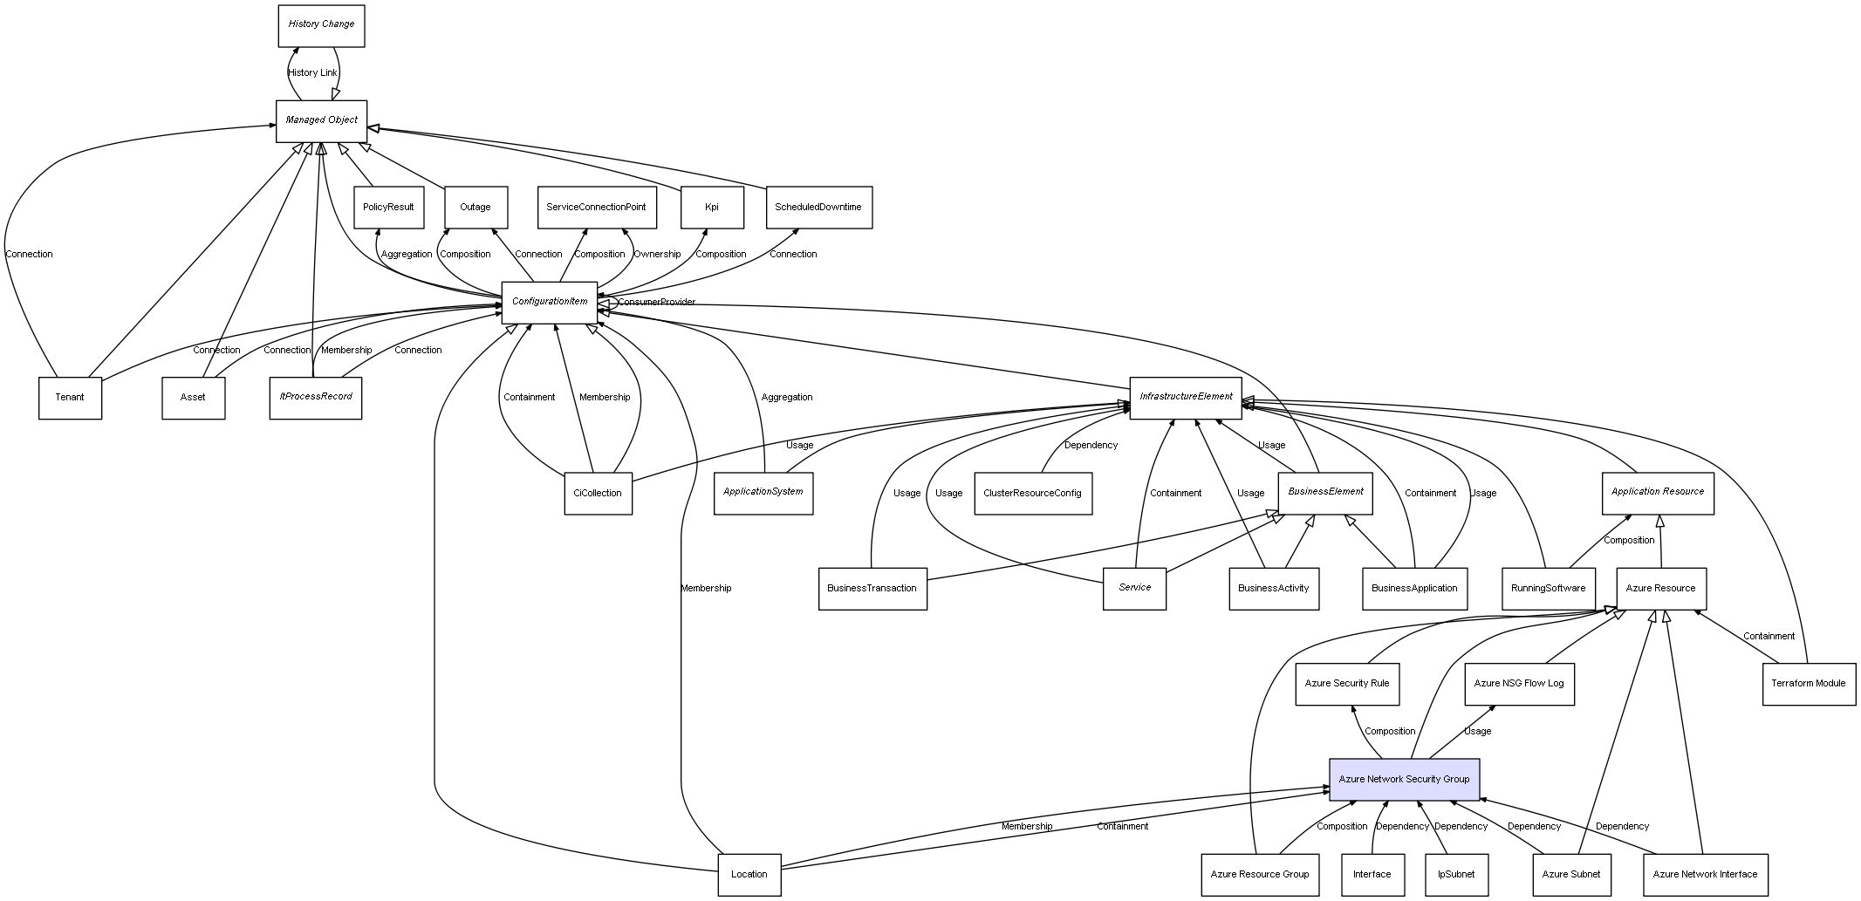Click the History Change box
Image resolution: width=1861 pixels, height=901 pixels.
[321, 25]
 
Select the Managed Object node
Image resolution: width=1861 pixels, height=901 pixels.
[321, 120]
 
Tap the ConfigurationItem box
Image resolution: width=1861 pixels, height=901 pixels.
[550, 302]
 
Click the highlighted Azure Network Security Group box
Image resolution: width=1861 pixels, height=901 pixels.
[1404, 779]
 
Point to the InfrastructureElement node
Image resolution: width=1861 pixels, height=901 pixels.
[1186, 397]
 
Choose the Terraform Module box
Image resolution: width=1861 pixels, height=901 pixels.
[1809, 683]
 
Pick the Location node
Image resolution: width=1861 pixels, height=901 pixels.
[749, 874]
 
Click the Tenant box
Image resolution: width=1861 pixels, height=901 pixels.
[70, 398]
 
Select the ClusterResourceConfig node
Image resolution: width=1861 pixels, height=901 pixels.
[1032, 493]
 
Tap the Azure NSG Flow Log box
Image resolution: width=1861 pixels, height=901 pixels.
[1519, 684]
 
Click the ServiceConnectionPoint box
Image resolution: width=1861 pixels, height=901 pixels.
[596, 208]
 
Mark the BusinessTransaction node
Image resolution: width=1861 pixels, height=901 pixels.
[872, 588]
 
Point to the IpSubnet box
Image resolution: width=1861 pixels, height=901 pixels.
[1456, 874]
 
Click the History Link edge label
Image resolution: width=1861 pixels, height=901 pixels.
[312, 72]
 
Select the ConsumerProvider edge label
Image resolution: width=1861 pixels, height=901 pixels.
[657, 302]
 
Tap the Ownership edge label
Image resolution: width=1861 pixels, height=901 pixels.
[657, 254]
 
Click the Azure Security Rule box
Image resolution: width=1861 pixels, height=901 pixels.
[1347, 684]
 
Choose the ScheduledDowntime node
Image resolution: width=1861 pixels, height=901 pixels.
[818, 208]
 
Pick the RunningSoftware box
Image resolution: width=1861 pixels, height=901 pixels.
[1549, 588]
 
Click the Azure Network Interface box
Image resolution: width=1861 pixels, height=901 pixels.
[1705, 874]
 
